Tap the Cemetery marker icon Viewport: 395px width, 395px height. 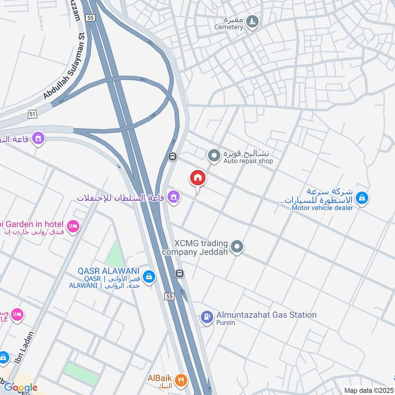(252, 21)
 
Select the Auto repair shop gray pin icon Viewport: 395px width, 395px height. (213, 157)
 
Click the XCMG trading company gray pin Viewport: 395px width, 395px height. (237, 247)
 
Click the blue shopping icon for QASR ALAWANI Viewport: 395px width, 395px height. (149, 277)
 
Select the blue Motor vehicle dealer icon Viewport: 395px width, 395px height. (362, 198)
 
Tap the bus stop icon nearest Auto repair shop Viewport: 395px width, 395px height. (172, 157)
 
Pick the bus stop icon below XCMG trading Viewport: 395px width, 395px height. (180, 273)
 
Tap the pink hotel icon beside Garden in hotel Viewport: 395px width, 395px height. (73, 226)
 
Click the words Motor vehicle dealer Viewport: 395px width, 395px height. (322, 208)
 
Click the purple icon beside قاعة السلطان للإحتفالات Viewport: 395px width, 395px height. (173, 197)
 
